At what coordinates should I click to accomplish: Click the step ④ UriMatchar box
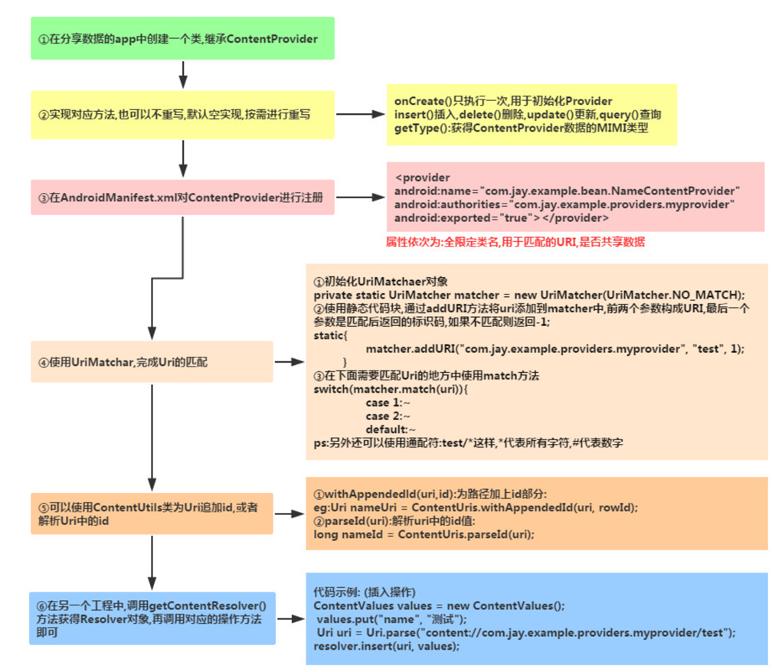152,361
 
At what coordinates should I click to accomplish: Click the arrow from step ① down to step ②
182,75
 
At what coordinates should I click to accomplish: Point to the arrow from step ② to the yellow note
360,115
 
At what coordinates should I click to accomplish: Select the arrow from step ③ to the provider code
360,197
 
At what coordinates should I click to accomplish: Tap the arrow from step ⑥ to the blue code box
290,617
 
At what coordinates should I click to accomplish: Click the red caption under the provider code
515,242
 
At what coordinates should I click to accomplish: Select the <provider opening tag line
417,177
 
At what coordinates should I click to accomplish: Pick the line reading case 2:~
389,416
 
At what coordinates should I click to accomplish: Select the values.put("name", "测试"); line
391,618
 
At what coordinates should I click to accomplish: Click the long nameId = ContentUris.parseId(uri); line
424,534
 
